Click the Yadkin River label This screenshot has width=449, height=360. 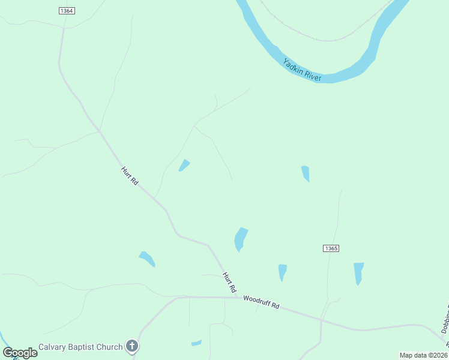(x=303, y=70)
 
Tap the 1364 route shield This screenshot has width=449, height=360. (x=67, y=11)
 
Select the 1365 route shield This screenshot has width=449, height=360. (x=331, y=248)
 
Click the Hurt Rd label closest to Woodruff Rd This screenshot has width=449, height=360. (x=229, y=282)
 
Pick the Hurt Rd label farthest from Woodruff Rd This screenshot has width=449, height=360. (x=130, y=176)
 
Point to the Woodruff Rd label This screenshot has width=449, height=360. (x=262, y=302)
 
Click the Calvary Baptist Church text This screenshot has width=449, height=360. (x=81, y=346)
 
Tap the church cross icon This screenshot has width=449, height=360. (x=133, y=346)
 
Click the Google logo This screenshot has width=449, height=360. (x=20, y=352)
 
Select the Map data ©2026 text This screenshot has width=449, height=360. (x=423, y=355)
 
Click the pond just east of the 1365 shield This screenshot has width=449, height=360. (x=358, y=272)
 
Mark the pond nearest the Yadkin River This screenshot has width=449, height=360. (x=306, y=173)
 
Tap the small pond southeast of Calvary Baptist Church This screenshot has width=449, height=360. (x=196, y=343)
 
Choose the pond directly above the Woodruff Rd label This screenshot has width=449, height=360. (x=282, y=272)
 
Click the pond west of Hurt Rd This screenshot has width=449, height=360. (x=147, y=259)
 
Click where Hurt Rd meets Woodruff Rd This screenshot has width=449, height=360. (x=236, y=296)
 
